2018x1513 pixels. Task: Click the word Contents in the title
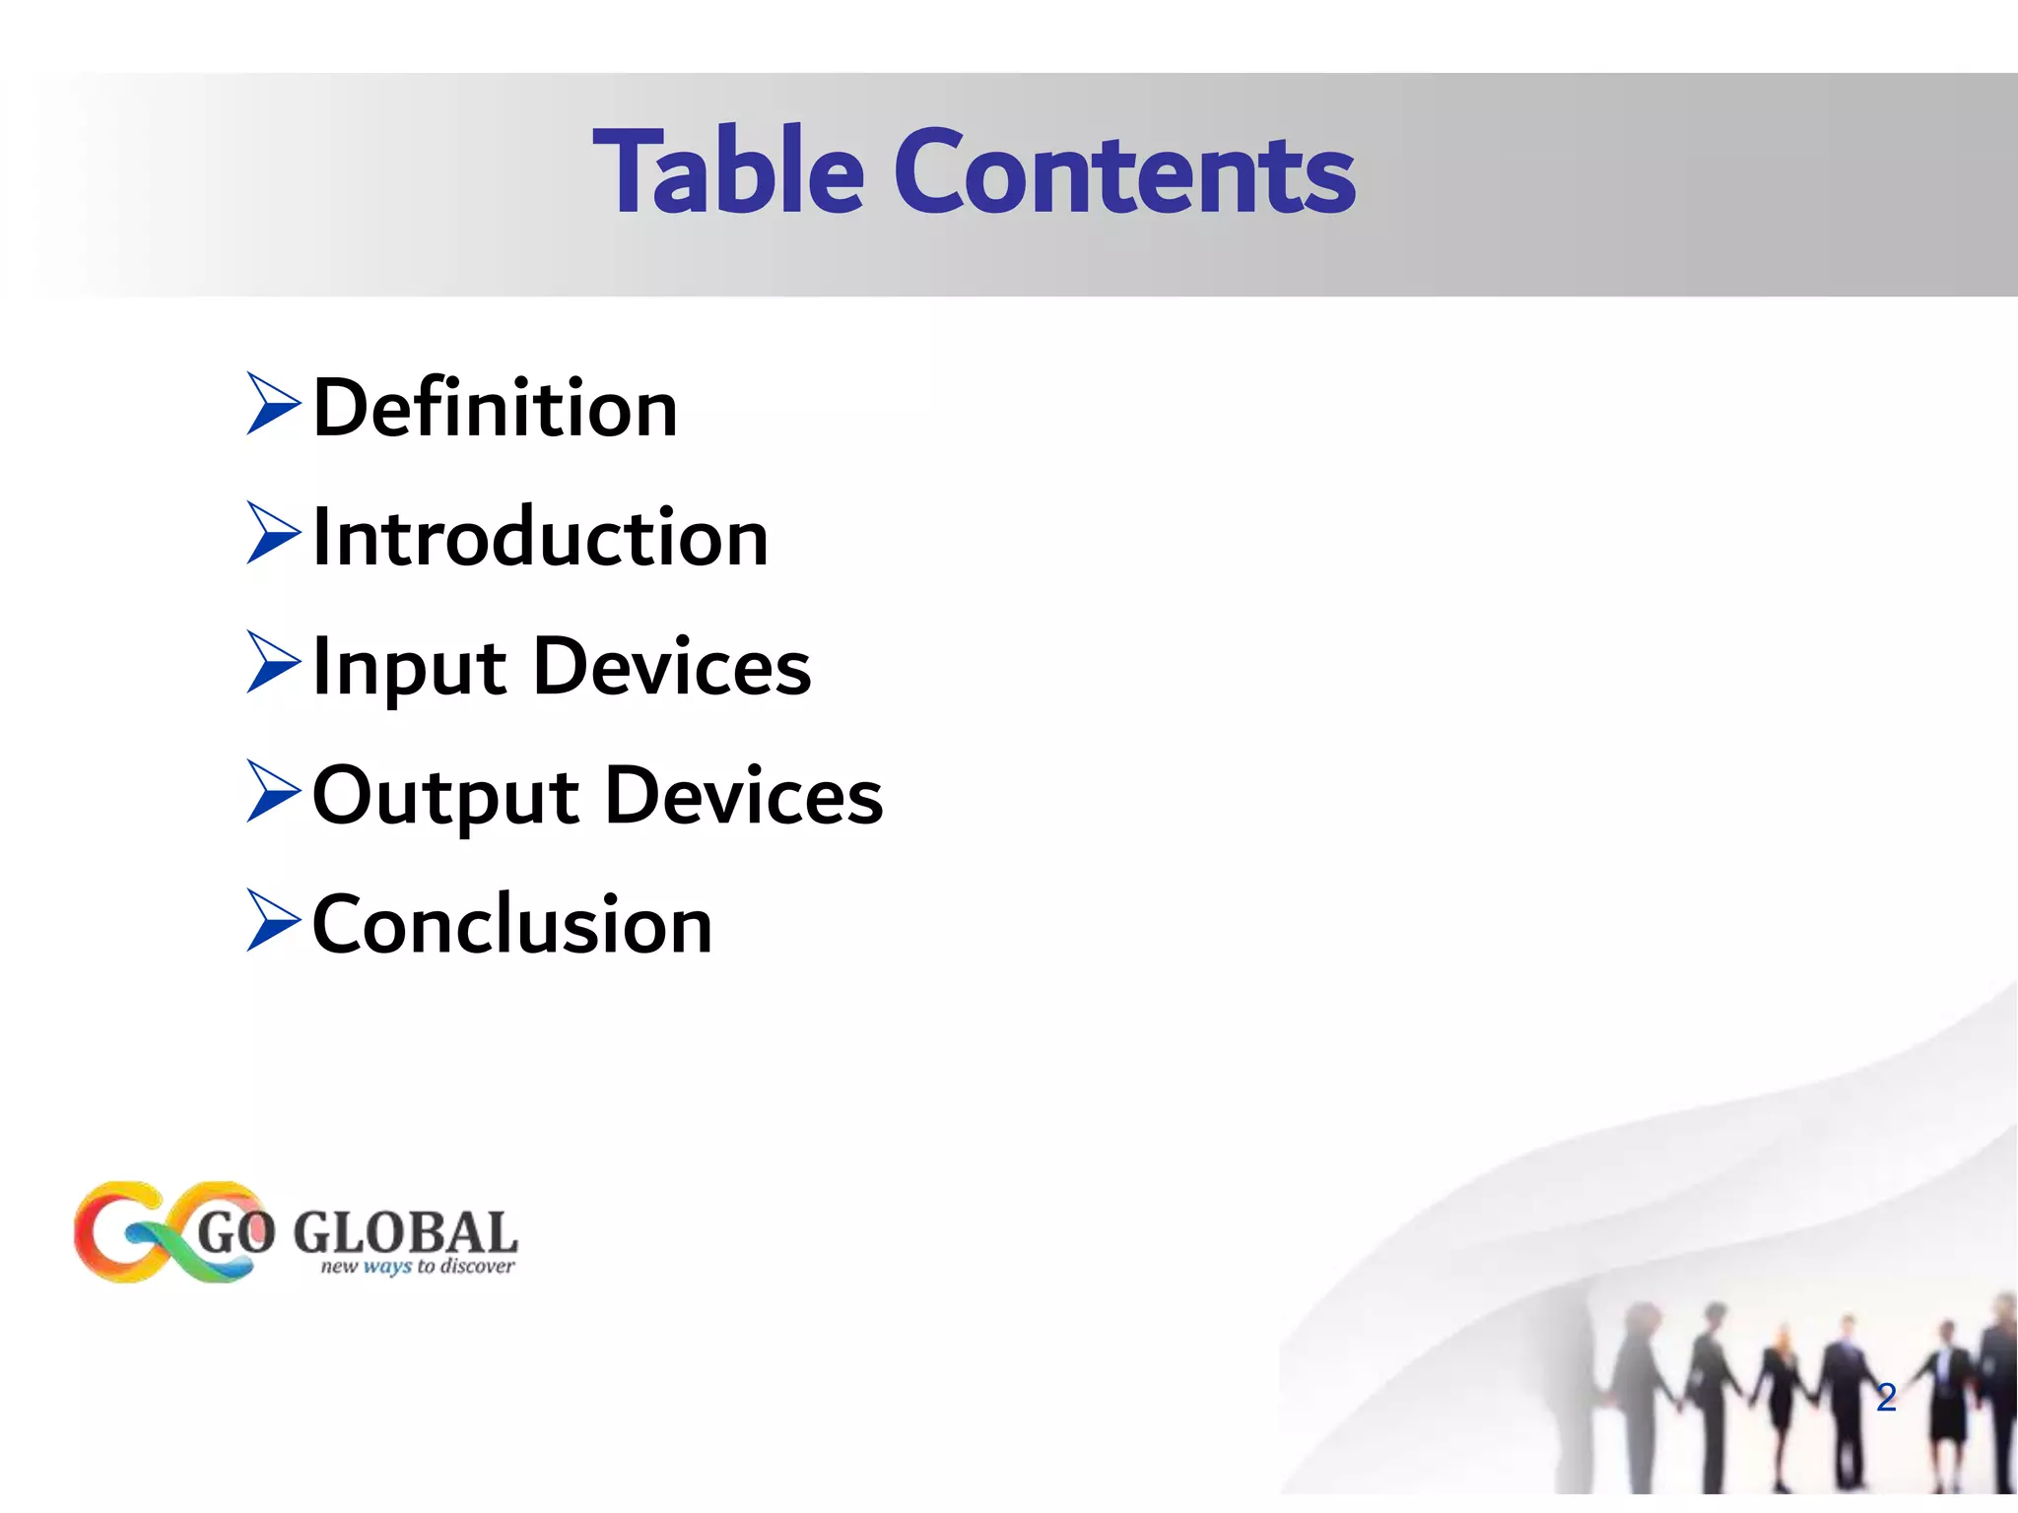[x=1124, y=173]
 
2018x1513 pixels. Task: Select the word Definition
[x=495, y=409]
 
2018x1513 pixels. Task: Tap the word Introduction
[x=540, y=538]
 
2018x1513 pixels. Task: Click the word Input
[x=409, y=668]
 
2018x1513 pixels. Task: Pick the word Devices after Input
[x=672, y=668]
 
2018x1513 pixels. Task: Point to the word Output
[x=445, y=797]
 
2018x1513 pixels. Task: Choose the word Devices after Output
[x=744, y=797]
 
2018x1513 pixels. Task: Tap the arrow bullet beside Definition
[x=272, y=404]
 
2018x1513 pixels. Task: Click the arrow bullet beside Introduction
[x=272, y=533]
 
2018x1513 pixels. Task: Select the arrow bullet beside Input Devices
[x=272, y=662]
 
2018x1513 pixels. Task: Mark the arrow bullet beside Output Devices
[x=272, y=791]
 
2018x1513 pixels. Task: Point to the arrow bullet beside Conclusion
[x=272, y=920]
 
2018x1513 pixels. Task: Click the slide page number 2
[x=1886, y=1398]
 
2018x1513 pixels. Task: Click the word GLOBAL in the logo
[x=405, y=1231]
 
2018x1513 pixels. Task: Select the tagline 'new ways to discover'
[x=417, y=1266]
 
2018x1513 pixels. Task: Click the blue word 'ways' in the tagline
[x=386, y=1267]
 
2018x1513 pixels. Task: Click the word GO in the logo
[x=236, y=1232]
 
